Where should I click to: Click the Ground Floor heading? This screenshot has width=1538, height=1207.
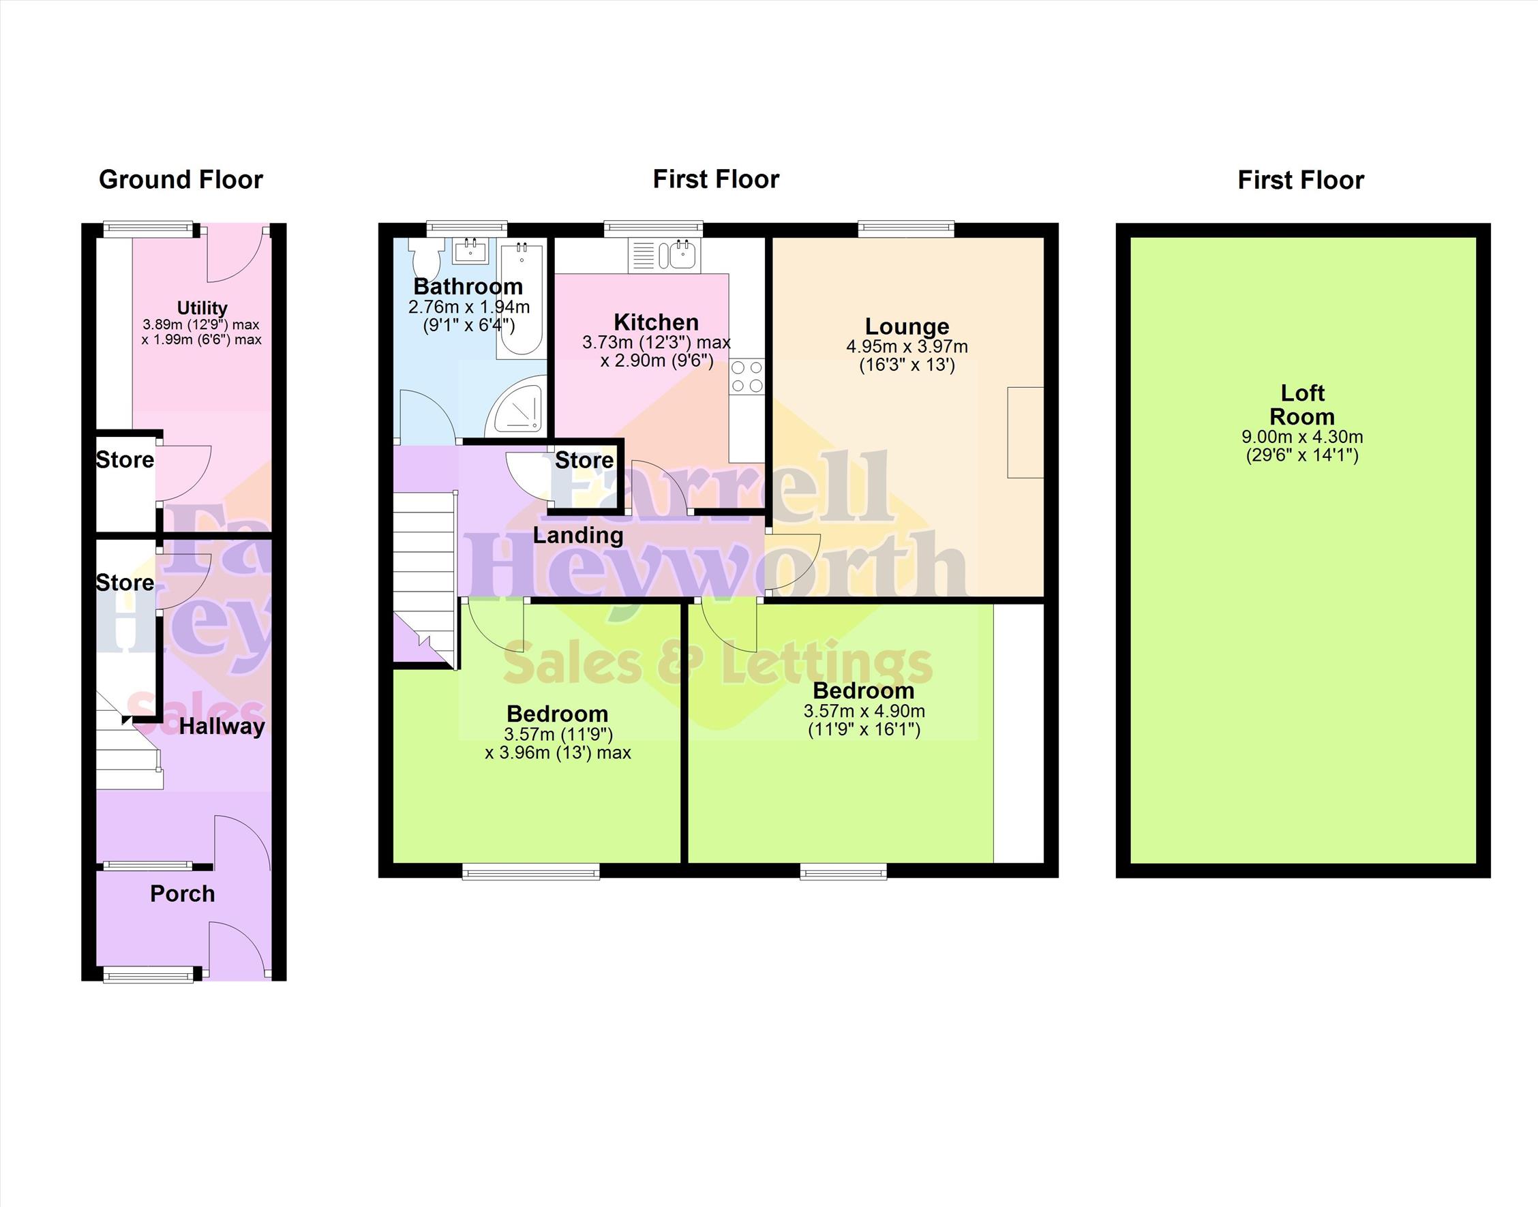click(181, 180)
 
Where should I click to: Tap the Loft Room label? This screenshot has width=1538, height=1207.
click(1302, 404)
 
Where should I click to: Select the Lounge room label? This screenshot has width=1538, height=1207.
click(907, 326)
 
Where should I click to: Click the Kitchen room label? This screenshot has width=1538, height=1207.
click(656, 322)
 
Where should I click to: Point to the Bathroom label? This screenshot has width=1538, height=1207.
click(468, 286)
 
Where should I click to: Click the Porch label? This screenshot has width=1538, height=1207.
click(182, 893)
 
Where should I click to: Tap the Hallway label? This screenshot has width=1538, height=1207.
click(222, 727)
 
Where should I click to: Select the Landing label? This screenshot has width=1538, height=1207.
click(578, 536)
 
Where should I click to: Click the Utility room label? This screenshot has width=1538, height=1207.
click(202, 308)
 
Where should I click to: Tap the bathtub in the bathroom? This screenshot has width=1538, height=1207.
click(521, 300)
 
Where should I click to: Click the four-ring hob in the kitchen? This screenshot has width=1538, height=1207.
click(747, 376)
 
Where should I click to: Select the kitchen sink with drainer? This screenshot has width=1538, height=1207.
click(665, 255)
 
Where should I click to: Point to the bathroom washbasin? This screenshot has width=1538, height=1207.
click(469, 250)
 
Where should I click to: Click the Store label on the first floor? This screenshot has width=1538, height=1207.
click(584, 461)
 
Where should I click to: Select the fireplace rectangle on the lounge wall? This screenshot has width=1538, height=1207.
click(1025, 433)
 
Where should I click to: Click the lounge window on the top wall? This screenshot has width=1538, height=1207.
click(906, 228)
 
